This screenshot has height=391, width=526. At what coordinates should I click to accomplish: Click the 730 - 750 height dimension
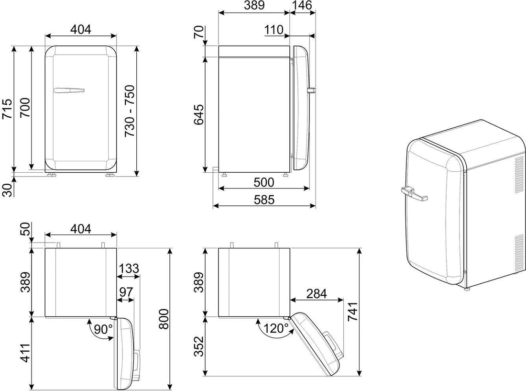point(130,111)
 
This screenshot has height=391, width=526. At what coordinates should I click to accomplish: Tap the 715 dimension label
point(7,109)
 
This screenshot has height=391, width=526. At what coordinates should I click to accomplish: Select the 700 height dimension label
point(25,108)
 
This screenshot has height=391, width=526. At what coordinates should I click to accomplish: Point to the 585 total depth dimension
point(264,200)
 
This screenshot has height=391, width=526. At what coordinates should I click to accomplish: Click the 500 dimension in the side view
point(264,182)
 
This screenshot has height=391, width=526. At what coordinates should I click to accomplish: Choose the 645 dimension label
point(198,114)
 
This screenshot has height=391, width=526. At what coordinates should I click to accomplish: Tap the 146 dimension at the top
point(302,5)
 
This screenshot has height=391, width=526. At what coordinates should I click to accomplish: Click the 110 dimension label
point(274,30)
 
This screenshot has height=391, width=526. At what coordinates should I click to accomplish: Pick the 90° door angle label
point(103,329)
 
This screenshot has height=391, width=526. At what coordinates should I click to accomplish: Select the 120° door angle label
point(276,328)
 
